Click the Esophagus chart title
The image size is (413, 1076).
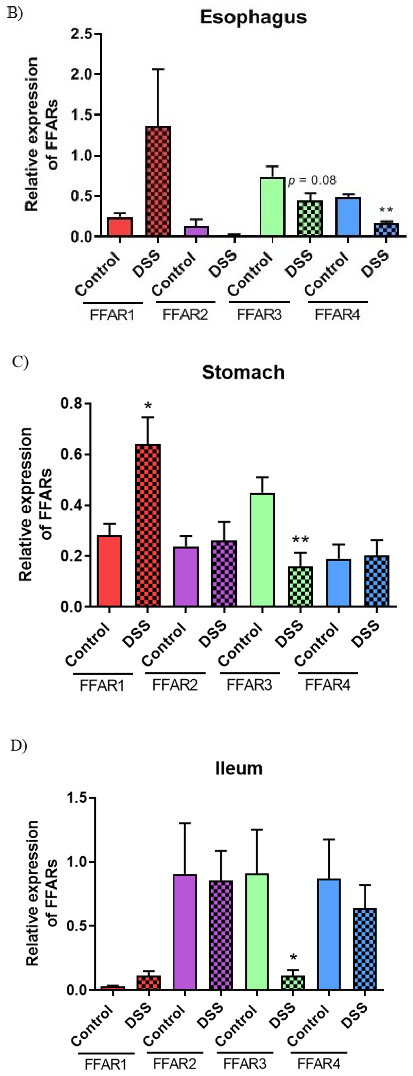click(x=253, y=17)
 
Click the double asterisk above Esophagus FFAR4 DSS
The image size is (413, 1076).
click(x=386, y=210)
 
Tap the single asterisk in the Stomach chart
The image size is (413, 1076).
click(x=148, y=406)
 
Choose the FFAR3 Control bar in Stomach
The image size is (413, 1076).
click(x=262, y=550)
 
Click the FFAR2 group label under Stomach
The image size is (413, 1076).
click(x=175, y=686)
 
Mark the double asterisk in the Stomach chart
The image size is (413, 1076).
click(x=300, y=540)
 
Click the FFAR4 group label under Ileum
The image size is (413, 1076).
click(x=319, y=1063)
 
